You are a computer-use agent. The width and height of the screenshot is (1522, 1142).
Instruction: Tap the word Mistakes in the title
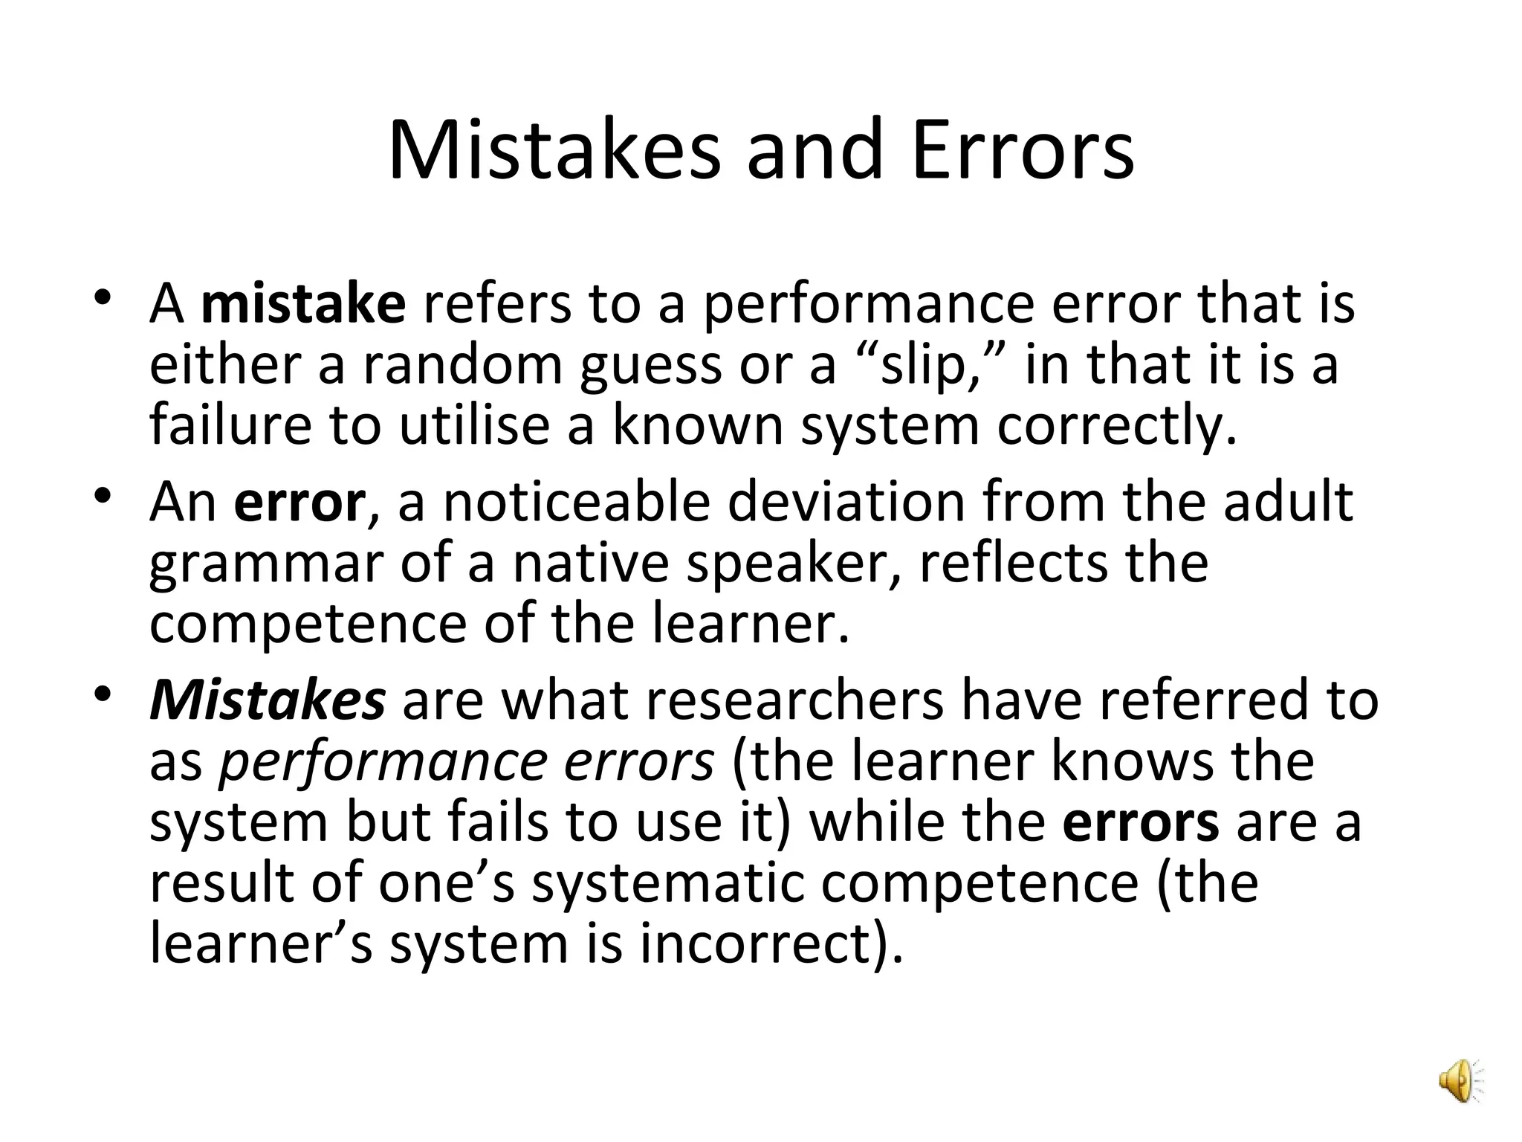pos(554,150)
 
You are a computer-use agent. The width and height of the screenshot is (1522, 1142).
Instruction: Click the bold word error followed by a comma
pos(299,503)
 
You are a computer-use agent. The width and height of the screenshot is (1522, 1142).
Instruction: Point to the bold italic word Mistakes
pos(268,701)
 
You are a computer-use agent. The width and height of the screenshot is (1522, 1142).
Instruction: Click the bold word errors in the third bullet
pos(1141,823)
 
